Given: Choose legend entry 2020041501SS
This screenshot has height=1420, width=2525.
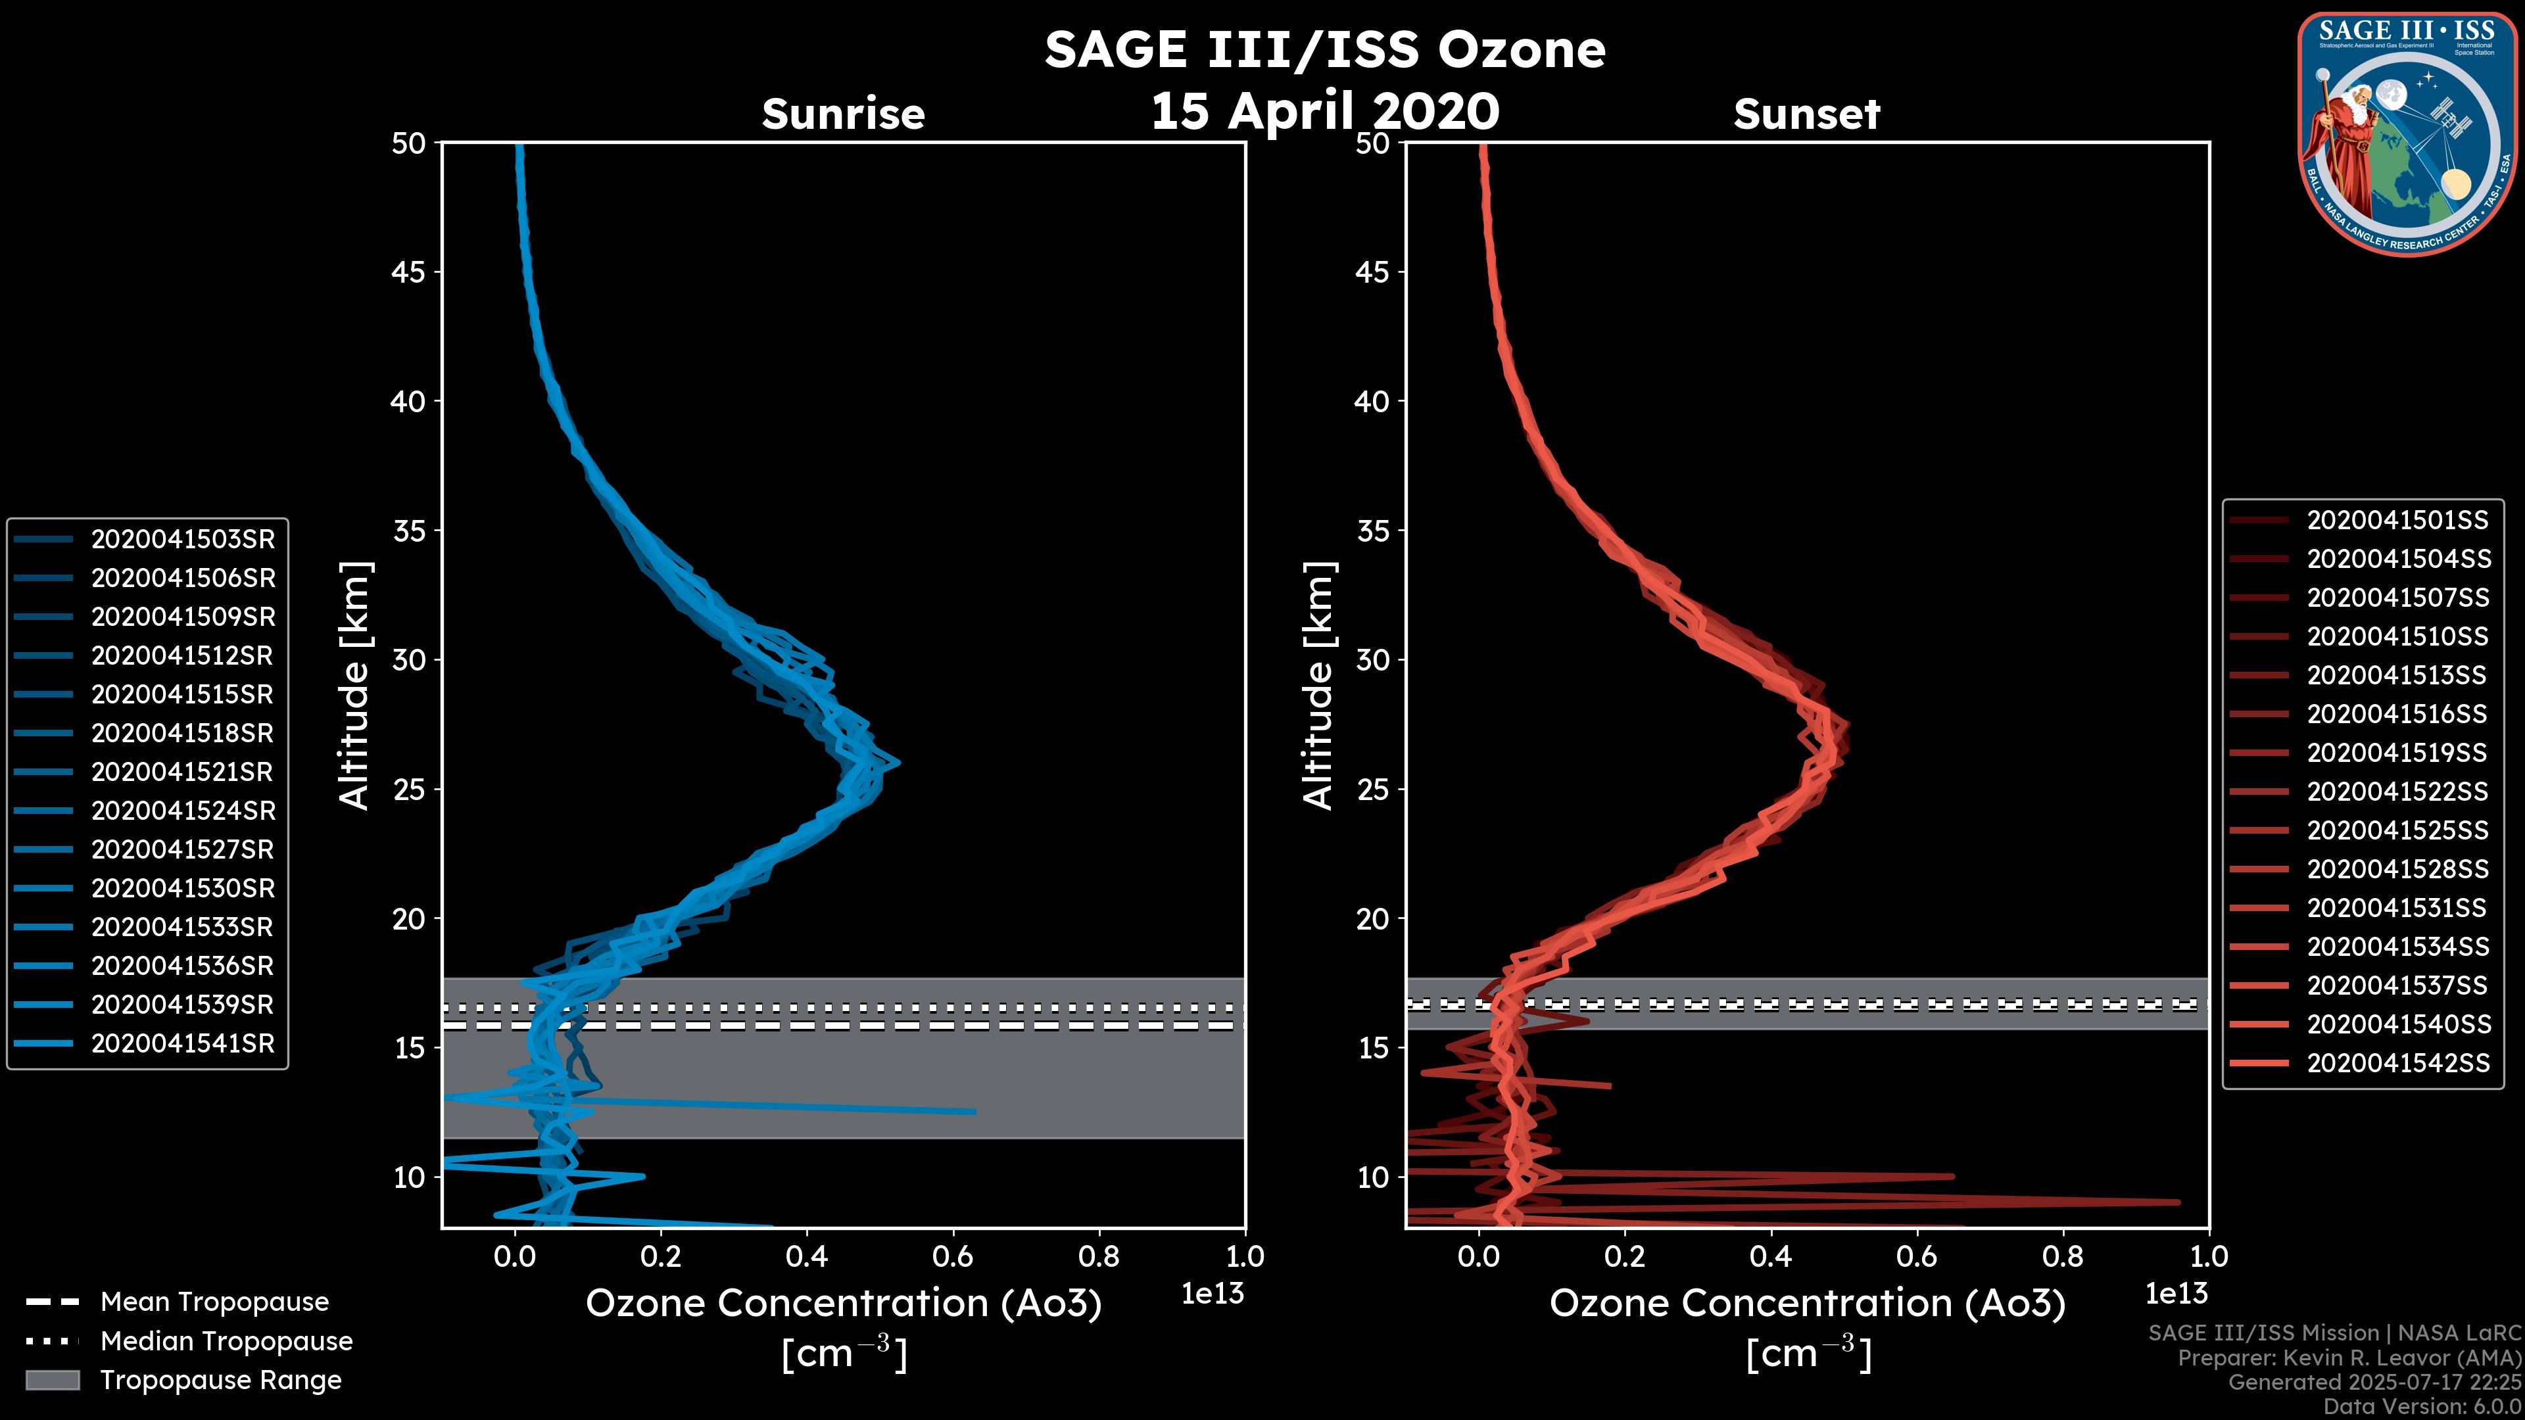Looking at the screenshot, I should tap(2397, 521).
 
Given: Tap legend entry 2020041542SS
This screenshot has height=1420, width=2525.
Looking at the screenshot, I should tap(2397, 1063).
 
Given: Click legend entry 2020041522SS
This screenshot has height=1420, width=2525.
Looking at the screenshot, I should tap(2397, 792).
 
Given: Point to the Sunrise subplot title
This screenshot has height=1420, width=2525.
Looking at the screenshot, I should tap(843, 114).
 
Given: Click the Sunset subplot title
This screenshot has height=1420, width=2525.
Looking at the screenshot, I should tap(1806, 114).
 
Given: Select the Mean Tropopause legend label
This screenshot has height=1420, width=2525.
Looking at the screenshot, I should tap(214, 1302).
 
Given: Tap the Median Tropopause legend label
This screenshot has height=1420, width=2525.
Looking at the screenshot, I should tap(226, 1342).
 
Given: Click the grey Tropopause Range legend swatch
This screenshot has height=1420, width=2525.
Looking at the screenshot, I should tap(53, 1381).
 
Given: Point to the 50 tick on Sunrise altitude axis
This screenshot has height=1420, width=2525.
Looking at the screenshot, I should tap(409, 144).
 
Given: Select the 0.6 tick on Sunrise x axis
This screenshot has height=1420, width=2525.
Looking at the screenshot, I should tap(953, 1256).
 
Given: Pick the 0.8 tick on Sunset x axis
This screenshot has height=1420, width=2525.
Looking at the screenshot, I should tap(2062, 1256).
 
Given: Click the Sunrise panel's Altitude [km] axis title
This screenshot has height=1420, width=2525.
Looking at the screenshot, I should tap(355, 686).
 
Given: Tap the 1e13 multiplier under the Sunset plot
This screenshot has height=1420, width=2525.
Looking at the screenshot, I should tap(2176, 1294).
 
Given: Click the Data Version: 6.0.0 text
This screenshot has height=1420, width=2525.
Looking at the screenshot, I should tap(2423, 1408).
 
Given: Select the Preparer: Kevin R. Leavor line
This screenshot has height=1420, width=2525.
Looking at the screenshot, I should tap(2349, 1358).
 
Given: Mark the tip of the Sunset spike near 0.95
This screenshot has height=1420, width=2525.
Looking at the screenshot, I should tap(2178, 1202).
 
